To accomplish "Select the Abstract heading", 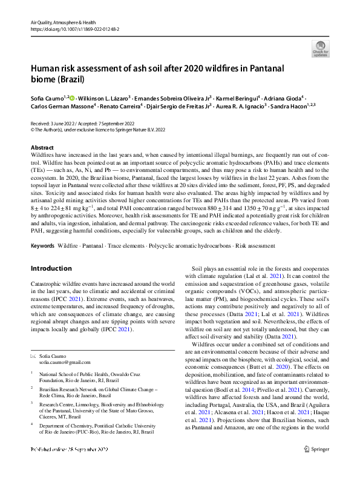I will point(42,148).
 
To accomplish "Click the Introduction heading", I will point(51,268).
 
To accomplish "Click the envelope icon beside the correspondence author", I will point(33,356).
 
